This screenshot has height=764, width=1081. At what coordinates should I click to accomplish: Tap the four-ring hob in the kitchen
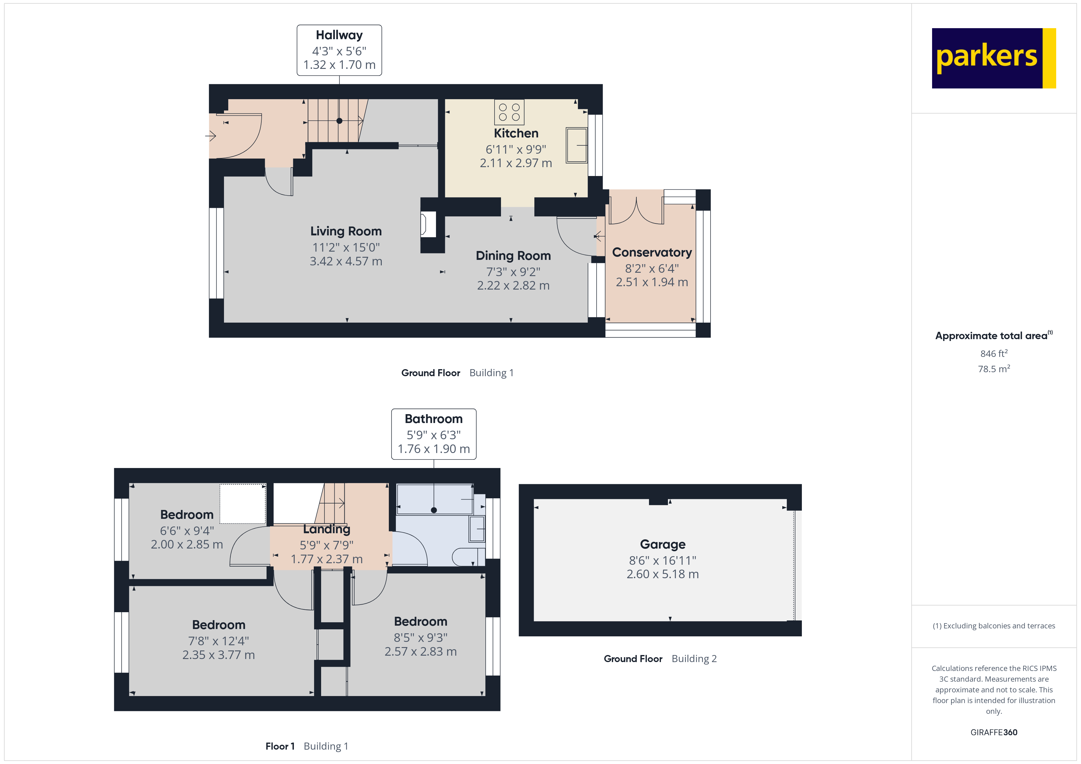(509, 112)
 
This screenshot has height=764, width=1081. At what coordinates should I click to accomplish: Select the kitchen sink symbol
(576, 145)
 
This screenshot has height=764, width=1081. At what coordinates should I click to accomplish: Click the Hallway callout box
(339, 50)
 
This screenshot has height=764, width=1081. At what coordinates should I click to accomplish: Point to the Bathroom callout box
(433, 434)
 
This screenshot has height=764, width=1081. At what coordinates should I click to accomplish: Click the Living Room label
(346, 231)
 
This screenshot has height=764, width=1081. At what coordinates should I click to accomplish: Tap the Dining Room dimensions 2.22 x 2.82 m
(513, 286)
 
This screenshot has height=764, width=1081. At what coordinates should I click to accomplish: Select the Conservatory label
(652, 253)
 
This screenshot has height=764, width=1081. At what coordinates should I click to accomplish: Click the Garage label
(662, 544)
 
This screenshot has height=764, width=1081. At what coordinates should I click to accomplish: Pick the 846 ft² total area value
(993, 353)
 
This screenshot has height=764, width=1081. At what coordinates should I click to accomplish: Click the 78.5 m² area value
(993, 369)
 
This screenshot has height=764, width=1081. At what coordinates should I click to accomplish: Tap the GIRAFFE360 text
(993, 732)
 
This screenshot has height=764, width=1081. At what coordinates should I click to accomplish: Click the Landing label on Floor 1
(326, 529)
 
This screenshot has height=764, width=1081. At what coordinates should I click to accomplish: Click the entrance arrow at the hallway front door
(211, 136)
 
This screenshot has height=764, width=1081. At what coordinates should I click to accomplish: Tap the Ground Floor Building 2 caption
(660, 659)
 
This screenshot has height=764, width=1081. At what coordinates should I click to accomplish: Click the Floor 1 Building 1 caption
(306, 746)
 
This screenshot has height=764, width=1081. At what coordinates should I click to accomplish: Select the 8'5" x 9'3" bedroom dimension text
(420, 638)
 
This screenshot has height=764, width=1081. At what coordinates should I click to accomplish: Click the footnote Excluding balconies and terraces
(993, 626)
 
